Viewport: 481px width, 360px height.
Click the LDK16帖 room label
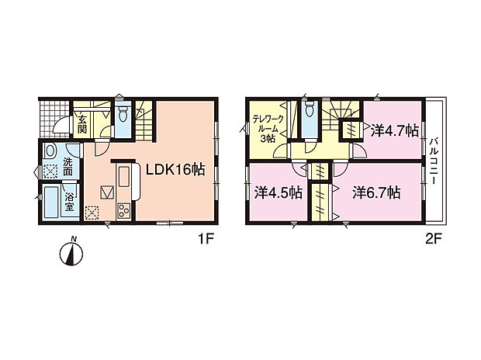pyautogui.click(x=175, y=169)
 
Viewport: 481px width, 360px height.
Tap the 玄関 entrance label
pyautogui.click(x=82, y=124)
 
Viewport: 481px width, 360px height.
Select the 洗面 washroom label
pyautogui.click(x=67, y=167)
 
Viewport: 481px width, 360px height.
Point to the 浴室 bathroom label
pyautogui.click(x=69, y=202)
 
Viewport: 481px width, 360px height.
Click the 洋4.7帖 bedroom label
pyautogui.click(x=395, y=131)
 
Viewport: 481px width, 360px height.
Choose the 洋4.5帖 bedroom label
pyautogui.click(x=279, y=192)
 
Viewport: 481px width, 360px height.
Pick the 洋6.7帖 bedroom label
pyautogui.click(x=376, y=192)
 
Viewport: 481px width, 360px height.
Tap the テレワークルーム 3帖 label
pyautogui.click(x=268, y=129)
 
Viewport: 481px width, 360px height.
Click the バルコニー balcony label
pyautogui.click(x=434, y=161)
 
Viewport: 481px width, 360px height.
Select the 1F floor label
pyautogui.click(x=206, y=239)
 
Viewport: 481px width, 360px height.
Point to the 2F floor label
pyautogui.click(x=433, y=239)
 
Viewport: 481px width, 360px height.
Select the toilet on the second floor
pyautogui.click(x=308, y=110)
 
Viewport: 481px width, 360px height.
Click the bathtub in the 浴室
pyautogui.click(x=51, y=202)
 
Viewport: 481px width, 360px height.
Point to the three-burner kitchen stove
pyautogui.click(x=123, y=211)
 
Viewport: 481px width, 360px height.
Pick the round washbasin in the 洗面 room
pyautogui.click(x=50, y=151)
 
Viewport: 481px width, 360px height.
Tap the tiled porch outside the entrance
pyautogui.click(x=54, y=118)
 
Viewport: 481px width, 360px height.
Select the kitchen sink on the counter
pyautogui.click(x=123, y=176)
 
